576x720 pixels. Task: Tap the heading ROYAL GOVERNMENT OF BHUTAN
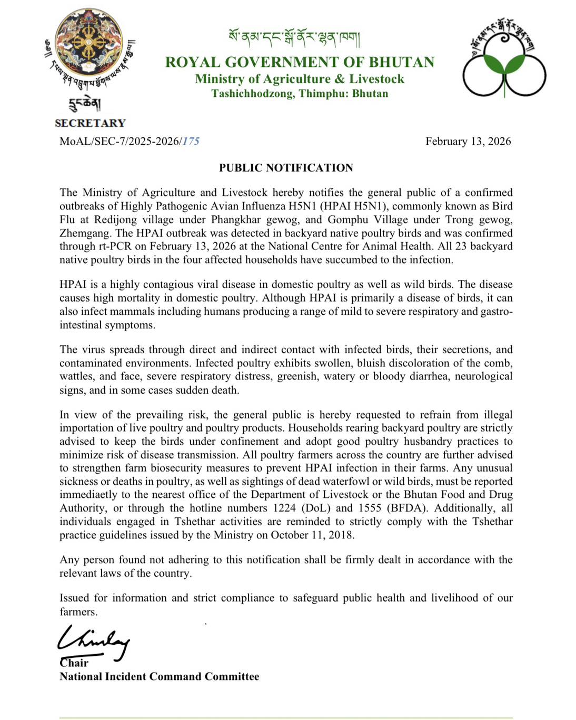[300, 62]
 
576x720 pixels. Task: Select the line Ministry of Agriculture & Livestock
[300, 79]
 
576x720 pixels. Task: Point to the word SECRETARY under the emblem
[90, 123]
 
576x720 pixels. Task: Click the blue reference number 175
[191, 141]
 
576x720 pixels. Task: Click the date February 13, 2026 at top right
[468, 141]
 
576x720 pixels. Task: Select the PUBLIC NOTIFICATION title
[286, 168]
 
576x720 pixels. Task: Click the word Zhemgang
[84, 233]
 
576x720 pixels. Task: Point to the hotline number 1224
[285, 508]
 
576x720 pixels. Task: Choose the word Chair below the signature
[74, 663]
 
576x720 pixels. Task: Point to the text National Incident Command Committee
[159, 676]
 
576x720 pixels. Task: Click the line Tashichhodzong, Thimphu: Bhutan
[300, 94]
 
